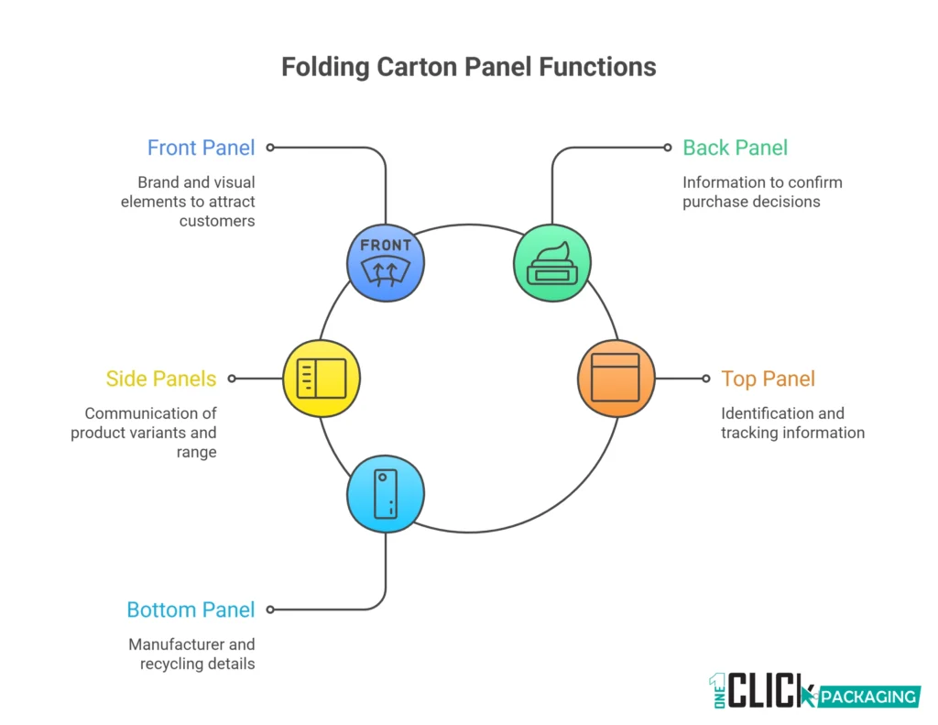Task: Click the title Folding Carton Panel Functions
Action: [x=468, y=67]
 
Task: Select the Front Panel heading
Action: [x=201, y=148]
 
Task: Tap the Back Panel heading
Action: [x=735, y=148]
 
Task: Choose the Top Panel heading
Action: [x=768, y=379]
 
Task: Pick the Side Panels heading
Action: [x=161, y=379]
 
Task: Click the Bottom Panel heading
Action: [x=191, y=610]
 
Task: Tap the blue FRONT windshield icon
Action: [x=386, y=262]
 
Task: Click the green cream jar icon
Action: [x=552, y=262]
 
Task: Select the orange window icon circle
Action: [x=616, y=378]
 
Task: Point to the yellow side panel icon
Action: [x=322, y=378]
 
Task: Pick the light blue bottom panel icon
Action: [x=386, y=493]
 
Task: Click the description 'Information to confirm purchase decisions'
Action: [x=762, y=192]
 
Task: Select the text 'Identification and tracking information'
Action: [x=792, y=423]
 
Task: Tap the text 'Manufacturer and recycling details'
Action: [x=191, y=654]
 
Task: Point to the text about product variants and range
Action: [x=144, y=432]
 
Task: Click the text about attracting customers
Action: [x=188, y=201]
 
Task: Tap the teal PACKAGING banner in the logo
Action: [x=867, y=697]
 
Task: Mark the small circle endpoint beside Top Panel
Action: [x=705, y=378]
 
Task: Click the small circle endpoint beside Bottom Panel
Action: [x=270, y=609]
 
